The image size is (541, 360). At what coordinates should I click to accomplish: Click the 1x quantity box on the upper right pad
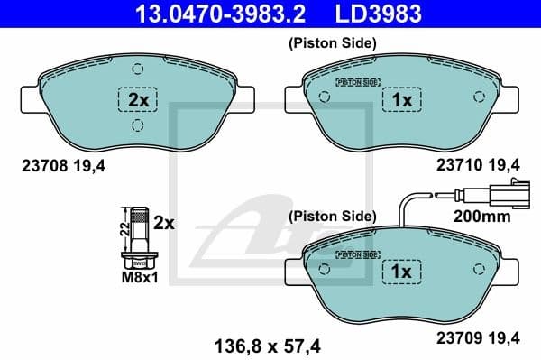(399, 100)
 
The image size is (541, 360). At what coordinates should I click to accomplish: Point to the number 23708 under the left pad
(41, 164)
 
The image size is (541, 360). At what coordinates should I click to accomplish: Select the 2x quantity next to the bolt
(163, 221)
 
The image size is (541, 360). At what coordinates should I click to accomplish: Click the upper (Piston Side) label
(332, 42)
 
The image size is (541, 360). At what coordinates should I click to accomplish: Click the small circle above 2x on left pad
(137, 69)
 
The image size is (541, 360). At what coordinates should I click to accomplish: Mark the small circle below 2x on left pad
(137, 125)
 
